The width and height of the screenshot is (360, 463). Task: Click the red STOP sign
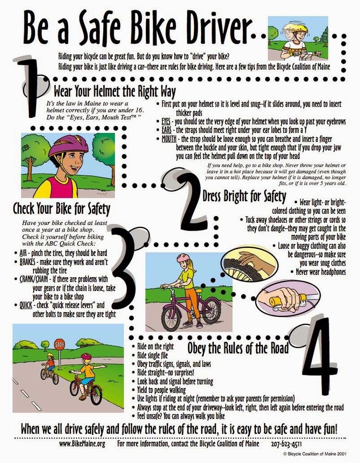click(x=60, y=344)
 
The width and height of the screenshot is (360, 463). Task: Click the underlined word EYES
click(x=166, y=122)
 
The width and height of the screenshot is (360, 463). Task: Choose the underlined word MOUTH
click(x=169, y=139)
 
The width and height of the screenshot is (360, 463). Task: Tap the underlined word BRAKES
click(x=27, y=262)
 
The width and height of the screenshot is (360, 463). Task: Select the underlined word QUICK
click(x=26, y=305)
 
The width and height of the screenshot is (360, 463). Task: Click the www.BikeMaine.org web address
click(x=82, y=444)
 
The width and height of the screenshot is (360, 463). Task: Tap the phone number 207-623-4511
click(x=286, y=444)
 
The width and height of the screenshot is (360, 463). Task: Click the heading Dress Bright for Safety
click(x=244, y=196)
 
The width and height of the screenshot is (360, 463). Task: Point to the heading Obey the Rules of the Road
click(x=238, y=348)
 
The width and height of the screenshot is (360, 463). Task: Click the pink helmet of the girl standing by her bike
click(x=183, y=258)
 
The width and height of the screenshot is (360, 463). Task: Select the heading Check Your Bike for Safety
click(x=61, y=209)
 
